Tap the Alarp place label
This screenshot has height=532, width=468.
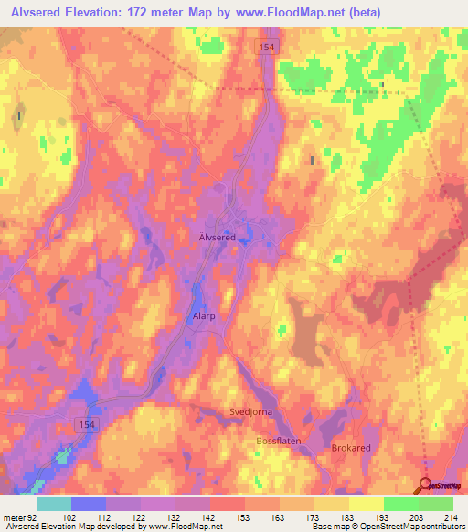[x=203, y=316]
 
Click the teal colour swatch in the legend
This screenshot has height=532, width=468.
[x=54, y=504]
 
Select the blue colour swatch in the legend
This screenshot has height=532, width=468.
[x=89, y=504]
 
